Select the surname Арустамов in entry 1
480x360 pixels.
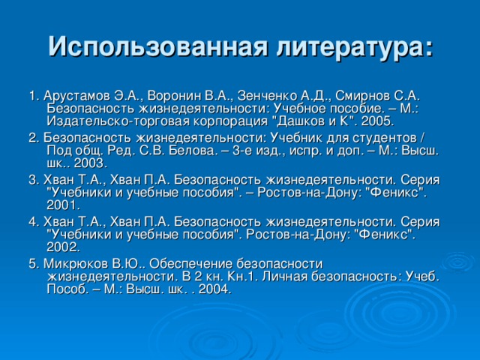click(x=76, y=97)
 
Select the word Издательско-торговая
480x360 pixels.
click(x=118, y=122)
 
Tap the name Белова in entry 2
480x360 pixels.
click(x=192, y=151)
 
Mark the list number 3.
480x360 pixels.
click(x=32, y=180)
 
